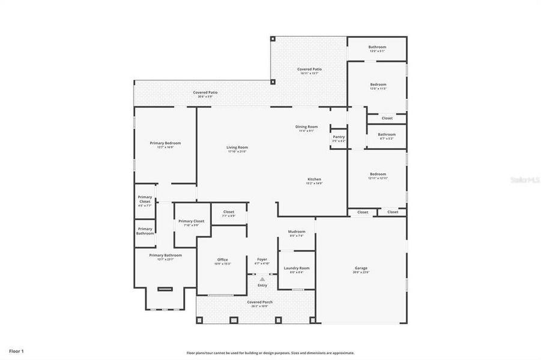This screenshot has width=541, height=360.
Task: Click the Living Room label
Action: pos(237,148)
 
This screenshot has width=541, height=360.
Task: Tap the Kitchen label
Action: pos(314,179)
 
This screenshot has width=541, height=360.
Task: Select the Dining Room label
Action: pos(306,127)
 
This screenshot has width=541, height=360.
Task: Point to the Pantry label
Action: pos(339,137)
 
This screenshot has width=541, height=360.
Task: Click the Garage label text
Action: pos(361,268)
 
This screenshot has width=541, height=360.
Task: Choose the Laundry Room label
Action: pos(297,268)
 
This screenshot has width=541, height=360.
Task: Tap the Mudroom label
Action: pos(297,232)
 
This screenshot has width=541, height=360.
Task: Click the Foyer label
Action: pos(262,260)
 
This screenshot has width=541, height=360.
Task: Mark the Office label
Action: pos(222,260)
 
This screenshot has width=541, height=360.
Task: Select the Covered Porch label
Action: pos(259,302)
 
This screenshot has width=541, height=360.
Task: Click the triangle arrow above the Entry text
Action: pos(262,279)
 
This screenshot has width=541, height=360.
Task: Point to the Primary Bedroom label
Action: pos(165,143)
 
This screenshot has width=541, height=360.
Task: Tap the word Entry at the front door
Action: pos(262,285)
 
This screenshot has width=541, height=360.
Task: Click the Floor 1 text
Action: pos(16,350)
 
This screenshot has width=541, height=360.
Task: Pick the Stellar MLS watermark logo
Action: pos(524,179)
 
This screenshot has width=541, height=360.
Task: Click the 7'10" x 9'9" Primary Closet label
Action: pos(191,222)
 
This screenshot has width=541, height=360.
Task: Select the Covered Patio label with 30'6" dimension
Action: pos(205,93)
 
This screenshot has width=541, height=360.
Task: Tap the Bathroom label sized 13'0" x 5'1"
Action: pos(377,47)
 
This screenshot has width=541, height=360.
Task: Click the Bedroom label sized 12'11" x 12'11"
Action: pos(378,175)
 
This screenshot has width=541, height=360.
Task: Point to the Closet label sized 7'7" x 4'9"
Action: pos(229,212)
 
